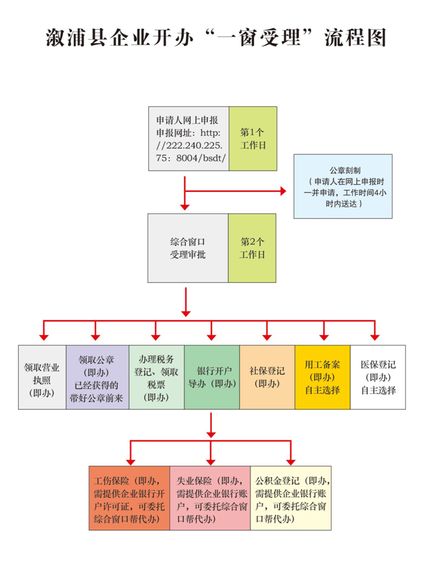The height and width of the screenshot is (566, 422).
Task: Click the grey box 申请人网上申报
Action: coord(188,138)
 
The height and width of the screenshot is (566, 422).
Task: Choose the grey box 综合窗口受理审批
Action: coord(187,247)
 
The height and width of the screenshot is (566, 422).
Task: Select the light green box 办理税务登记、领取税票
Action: coord(156,377)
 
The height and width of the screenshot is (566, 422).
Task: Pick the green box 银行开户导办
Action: coord(211,377)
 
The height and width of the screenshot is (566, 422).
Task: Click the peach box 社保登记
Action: coord(267,377)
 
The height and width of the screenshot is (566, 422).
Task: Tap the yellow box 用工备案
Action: coord(322,377)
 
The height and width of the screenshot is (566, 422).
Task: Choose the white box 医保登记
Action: coord(377,377)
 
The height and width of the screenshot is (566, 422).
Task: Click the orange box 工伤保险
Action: coord(129,499)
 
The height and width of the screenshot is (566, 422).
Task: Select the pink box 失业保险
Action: coord(210,499)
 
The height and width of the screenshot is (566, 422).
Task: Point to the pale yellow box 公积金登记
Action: coord(291,499)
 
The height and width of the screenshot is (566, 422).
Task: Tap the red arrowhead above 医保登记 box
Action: coord(377,335)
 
